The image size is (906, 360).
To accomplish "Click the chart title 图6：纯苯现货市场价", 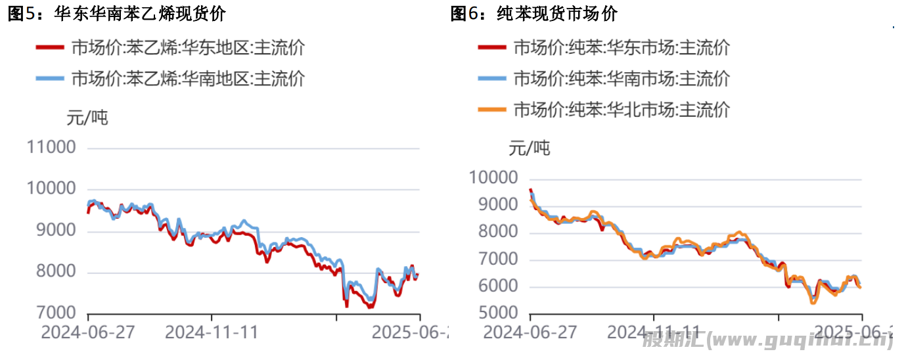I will pyautogui.click(x=533, y=14).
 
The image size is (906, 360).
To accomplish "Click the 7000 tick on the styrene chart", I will pyautogui.click(x=57, y=313).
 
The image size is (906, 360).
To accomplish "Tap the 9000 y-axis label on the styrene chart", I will pyautogui.click(x=57, y=231).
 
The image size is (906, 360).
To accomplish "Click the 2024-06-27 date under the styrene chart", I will pyautogui.click(x=88, y=332).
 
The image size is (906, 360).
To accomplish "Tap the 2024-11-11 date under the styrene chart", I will pyautogui.click(x=212, y=332).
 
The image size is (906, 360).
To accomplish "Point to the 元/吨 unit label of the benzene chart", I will pyautogui.click(x=530, y=148).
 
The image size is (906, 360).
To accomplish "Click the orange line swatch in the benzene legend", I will pyautogui.click(x=491, y=109).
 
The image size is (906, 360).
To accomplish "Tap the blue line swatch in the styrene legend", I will pyautogui.click(x=50, y=79).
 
